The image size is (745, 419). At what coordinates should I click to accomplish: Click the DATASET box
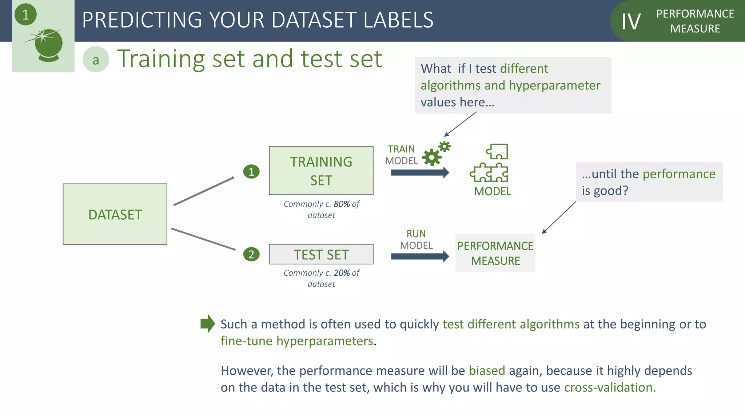pos(115,214)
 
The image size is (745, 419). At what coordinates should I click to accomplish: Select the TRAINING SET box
pos(321,171)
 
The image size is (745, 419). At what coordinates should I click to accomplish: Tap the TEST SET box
pos(321,254)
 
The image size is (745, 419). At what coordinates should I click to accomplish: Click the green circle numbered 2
pos(251,254)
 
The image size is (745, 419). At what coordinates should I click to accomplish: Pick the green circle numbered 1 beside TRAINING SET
pos(251,171)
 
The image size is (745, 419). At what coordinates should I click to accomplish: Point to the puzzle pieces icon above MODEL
pos(490,163)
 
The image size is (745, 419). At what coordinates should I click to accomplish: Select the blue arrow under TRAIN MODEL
pos(420,173)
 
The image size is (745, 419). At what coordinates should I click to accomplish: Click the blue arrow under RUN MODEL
pos(420,256)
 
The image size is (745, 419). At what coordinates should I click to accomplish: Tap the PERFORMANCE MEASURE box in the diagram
pos(495,253)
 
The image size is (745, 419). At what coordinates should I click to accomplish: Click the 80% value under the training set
pos(342,204)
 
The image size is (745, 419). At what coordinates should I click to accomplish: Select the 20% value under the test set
pos(342,273)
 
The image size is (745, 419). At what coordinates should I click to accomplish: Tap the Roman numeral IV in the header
pos(631,22)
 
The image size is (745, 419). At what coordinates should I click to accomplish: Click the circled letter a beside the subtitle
pos(96,60)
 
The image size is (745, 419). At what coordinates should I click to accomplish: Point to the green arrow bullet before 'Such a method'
pos(208,323)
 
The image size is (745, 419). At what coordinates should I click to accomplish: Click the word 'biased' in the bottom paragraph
pos(487,371)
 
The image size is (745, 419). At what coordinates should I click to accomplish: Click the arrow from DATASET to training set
pos(204,191)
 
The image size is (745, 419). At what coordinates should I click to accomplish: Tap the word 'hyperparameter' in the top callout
pos(554,85)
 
